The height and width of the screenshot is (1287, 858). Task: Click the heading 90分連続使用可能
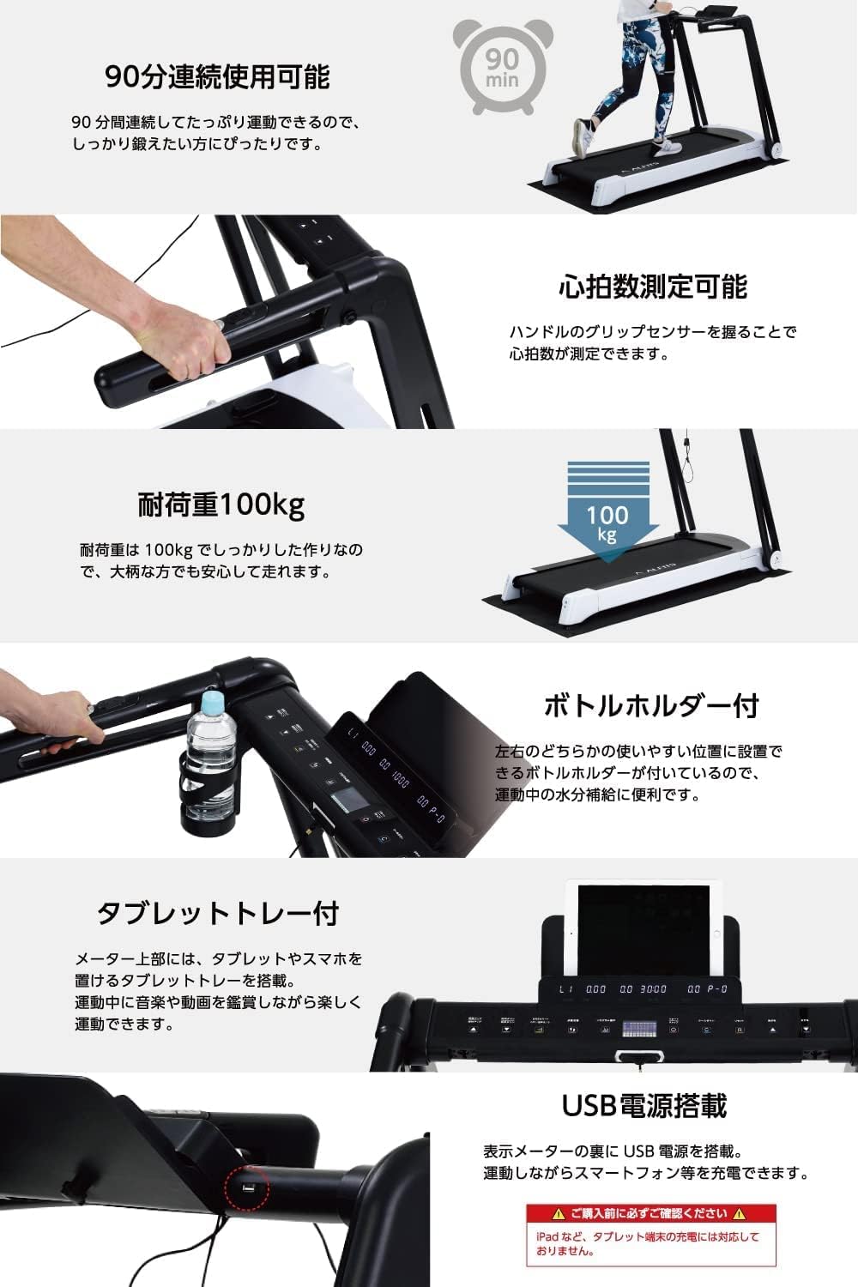[x=217, y=77]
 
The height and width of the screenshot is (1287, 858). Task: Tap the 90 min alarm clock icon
[x=501, y=65]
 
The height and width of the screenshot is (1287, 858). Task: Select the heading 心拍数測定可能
[x=652, y=286]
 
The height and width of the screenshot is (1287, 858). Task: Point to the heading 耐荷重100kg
[x=221, y=504]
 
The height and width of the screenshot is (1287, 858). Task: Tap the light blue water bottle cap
[x=211, y=704]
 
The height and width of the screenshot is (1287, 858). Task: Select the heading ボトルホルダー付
[x=651, y=705]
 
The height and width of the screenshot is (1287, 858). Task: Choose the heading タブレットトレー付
[x=217, y=913]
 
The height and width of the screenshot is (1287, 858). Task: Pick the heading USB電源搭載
[x=643, y=1105]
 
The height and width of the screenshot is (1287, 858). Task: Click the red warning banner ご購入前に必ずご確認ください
[x=650, y=1213]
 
